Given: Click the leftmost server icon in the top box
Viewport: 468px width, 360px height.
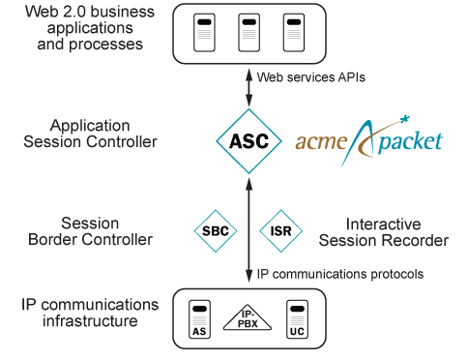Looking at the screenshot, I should click(202, 33).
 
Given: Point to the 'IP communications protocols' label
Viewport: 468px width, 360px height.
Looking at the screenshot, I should click(339, 275).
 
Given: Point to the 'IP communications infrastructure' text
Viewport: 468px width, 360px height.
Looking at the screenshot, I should click(88, 312).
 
